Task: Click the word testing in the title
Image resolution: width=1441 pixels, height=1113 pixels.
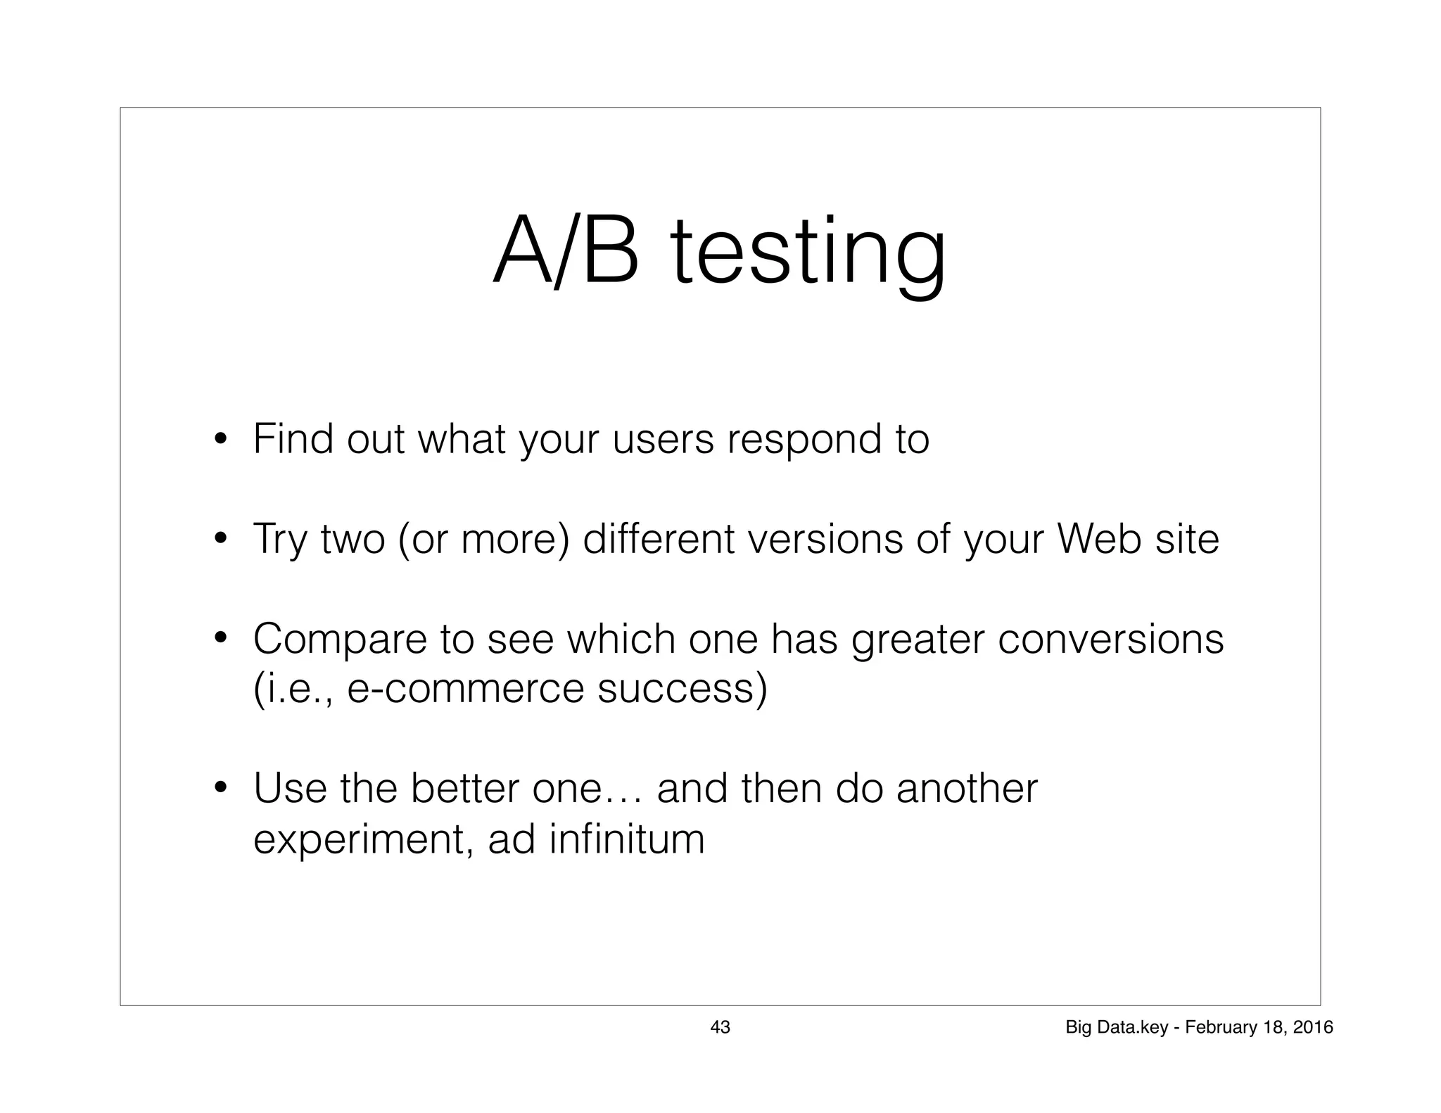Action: pyautogui.click(x=809, y=253)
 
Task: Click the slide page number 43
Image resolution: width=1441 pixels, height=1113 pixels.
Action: pyautogui.click(x=720, y=1027)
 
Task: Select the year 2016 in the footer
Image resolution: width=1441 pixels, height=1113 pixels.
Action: pyautogui.click(x=1313, y=1027)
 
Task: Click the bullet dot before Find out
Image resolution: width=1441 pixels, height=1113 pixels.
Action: pyautogui.click(x=220, y=440)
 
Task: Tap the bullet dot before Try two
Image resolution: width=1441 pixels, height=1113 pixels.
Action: pyautogui.click(x=220, y=540)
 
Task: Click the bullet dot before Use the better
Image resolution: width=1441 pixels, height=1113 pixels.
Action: pyautogui.click(x=220, y=789)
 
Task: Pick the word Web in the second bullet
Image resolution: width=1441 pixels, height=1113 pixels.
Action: pyautogui.click(x=1098, y=540)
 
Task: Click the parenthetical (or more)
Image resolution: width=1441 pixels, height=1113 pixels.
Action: pyautogui.click(x=483, y=540)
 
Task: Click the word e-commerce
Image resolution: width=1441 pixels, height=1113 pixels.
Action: pyautogui.click(x=465, y=688)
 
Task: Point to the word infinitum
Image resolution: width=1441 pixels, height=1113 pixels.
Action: pyautogui.click(x=626, y=839)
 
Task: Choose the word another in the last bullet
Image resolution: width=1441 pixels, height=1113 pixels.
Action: pyautogui.click(x=967, y=789)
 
